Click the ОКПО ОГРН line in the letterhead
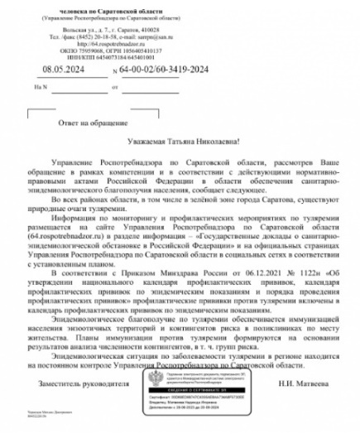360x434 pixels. point(96,51)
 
